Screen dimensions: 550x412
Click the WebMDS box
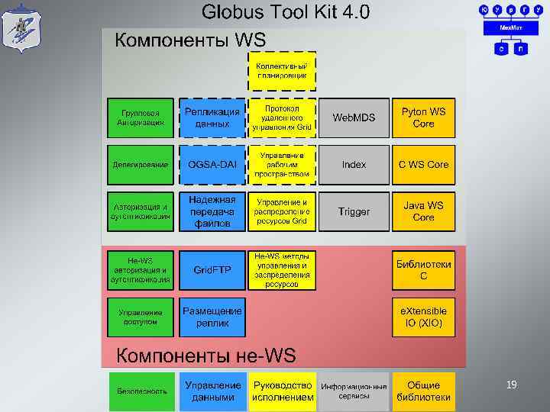pos(354,117)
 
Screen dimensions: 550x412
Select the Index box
pos(354,165)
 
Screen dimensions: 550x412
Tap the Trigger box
pos(354,211)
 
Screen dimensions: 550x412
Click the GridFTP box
pos(212,270)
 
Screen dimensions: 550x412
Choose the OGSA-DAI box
pos(212,165)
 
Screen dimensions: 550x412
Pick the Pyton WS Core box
pos(423,117)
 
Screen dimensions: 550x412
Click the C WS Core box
pos(423,165)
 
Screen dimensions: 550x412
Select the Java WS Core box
pos(423,211)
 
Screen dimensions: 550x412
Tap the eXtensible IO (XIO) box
pos(423,317)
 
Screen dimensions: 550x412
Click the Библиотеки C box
pos(423,270)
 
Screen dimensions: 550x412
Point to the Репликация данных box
pos(212,117)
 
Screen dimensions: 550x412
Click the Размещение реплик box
pos(212,317)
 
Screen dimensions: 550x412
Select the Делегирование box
pos(141,165)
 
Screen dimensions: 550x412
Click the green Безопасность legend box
pos(141,391)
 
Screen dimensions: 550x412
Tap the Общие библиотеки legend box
pos(423,391)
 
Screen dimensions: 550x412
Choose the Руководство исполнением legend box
pos(283,391)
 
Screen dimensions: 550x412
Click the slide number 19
pos(512,385)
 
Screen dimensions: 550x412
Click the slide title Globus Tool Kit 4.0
pos(285,12)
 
